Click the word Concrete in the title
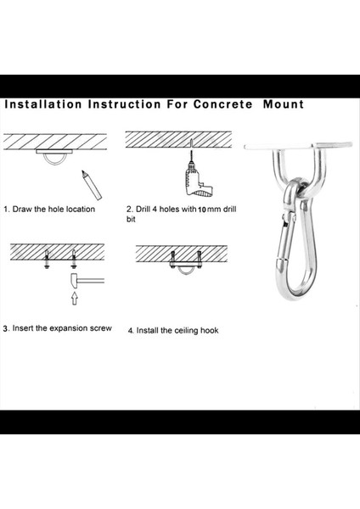click(222, 104)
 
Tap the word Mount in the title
click(284, 104)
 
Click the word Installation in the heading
click(43, 104)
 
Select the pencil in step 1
click(92, 185)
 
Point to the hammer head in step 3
click(75, 281)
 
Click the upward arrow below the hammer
click(75, 298)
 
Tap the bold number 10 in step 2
click(202, 210)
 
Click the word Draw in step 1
click(22, 209)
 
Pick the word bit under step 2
click(131, 220)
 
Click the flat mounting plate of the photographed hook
click(298, 146)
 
